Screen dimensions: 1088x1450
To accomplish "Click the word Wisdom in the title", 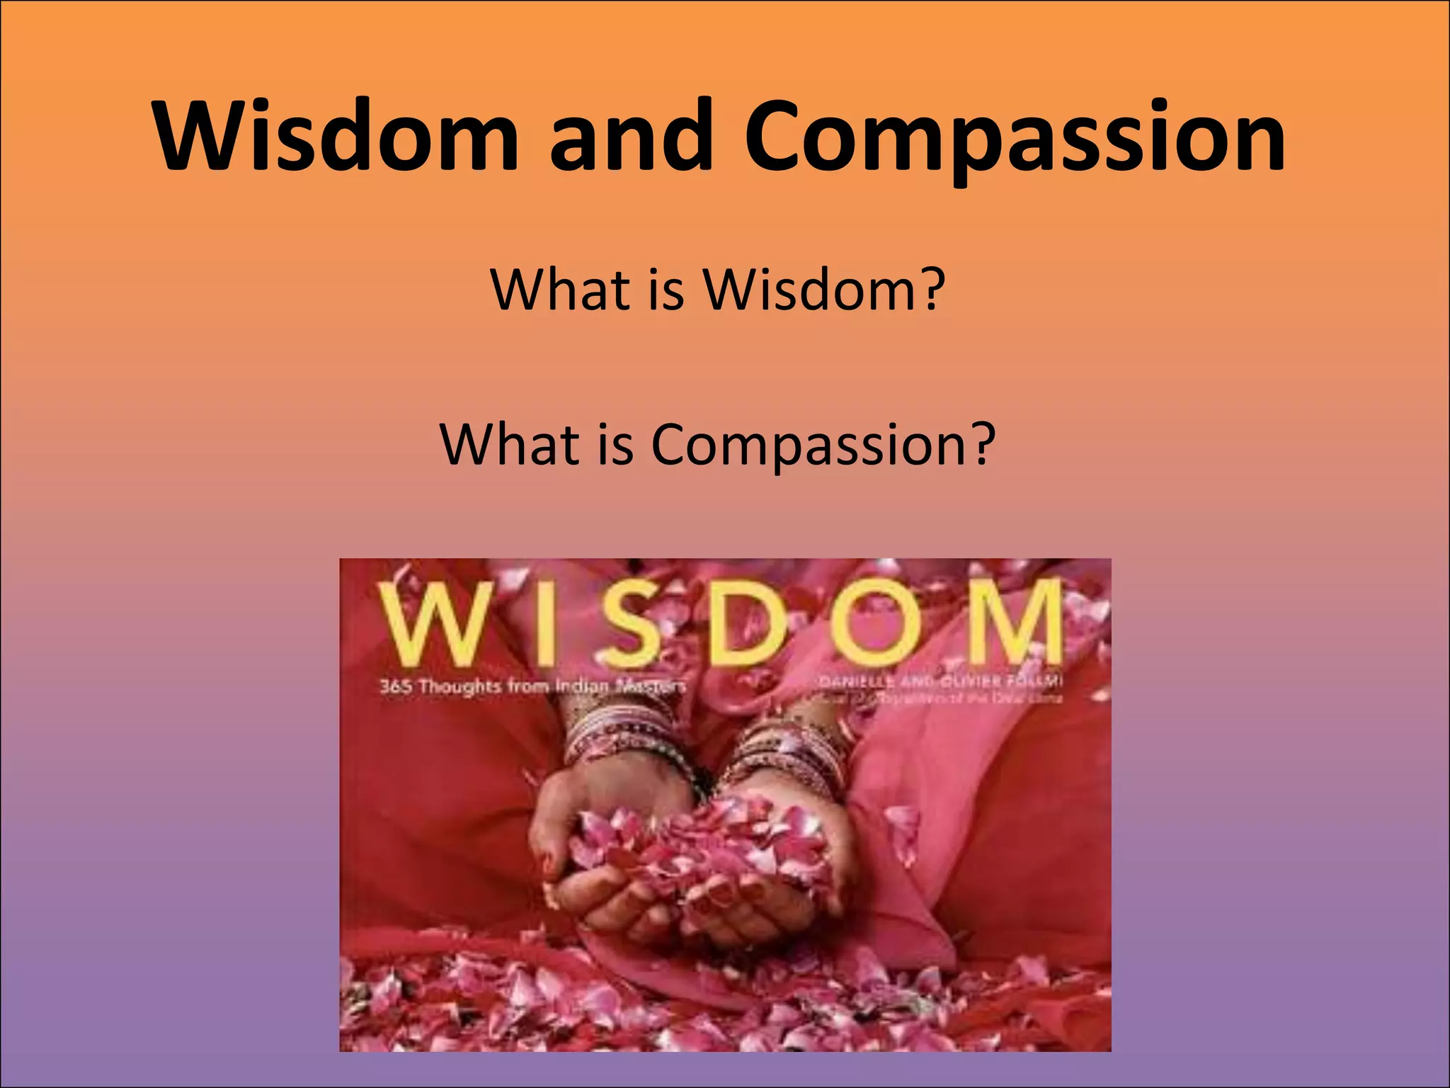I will tap(336, 136).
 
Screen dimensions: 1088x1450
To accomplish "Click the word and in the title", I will tap(631, 136).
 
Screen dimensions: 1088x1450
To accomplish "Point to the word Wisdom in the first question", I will tap(807, 290).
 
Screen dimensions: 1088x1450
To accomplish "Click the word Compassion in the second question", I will tap(806, 446).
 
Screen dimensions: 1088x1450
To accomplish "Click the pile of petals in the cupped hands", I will tap(697, 850).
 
